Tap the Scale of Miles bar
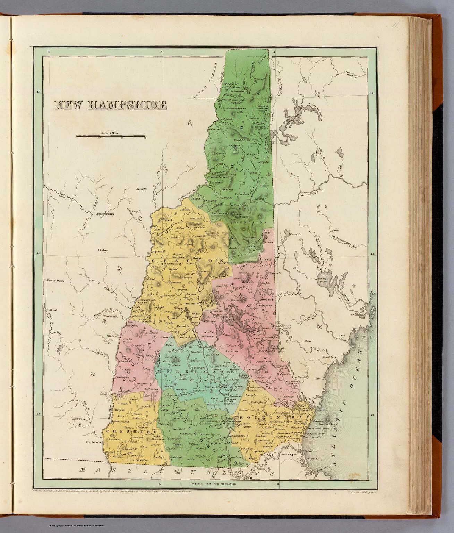pyautogui.click(x=110, y=136)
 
